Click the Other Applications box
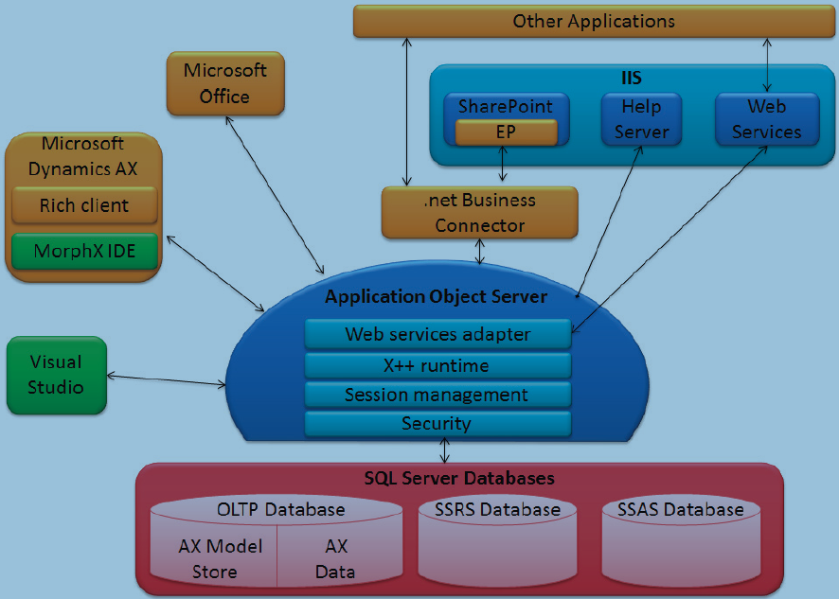point(594,21)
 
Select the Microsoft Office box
point(224,83)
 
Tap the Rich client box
point(83,205)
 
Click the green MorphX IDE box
point(83,252)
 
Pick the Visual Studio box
point(55,375)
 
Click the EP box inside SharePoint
point(506,132)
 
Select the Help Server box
point(641,119)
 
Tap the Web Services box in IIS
point(766,119)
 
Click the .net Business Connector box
point(479,213)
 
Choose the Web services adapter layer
point(437,334)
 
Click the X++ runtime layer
point(437,365)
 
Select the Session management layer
point(437,395)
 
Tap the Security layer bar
point(437,423)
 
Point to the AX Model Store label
point(215,559)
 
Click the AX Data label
point(336,559)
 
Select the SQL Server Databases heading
point(459,478)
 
